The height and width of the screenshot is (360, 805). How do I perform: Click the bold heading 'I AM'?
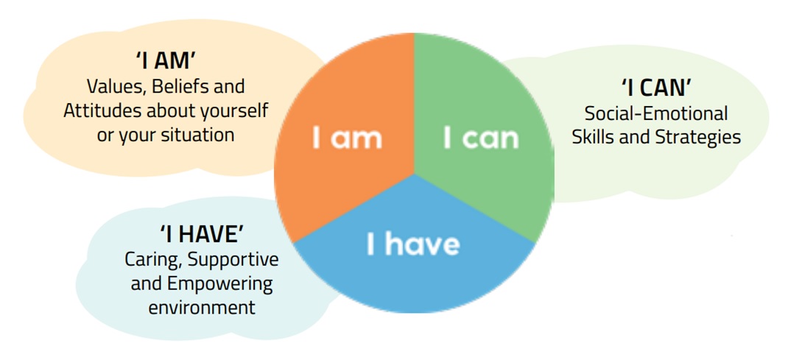[165, 61]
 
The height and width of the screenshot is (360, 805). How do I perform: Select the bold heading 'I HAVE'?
[201, 234]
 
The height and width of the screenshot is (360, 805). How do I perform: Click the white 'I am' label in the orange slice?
[348, 138]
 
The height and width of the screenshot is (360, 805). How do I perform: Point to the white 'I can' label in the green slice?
[481, 138]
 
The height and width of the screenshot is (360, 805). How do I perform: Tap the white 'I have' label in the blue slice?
[413, 244]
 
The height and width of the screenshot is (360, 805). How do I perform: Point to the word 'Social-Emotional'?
[656, 113]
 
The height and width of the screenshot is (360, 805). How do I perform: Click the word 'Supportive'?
[233, 260]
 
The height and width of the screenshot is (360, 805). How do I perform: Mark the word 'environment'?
[201, 308]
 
